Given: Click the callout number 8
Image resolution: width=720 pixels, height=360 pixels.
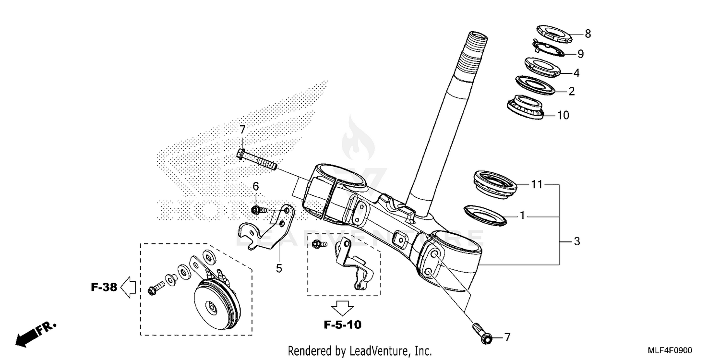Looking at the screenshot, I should point(588,34).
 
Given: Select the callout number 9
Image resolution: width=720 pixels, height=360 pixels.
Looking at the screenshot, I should point(580,54).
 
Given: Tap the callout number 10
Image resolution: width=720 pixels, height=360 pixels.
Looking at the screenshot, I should point(563,115).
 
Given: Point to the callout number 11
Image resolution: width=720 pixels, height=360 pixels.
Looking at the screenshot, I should point(536,184).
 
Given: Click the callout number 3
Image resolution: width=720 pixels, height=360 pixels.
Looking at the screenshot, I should point(576,241).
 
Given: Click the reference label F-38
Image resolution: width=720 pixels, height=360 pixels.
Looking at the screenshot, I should point(104,288).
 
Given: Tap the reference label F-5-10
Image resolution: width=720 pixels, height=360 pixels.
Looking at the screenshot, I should point(342,325).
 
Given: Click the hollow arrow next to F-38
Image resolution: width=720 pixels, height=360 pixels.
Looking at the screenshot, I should point(128,288).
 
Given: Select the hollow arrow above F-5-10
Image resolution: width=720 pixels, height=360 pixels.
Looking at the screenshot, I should point(343,306).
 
